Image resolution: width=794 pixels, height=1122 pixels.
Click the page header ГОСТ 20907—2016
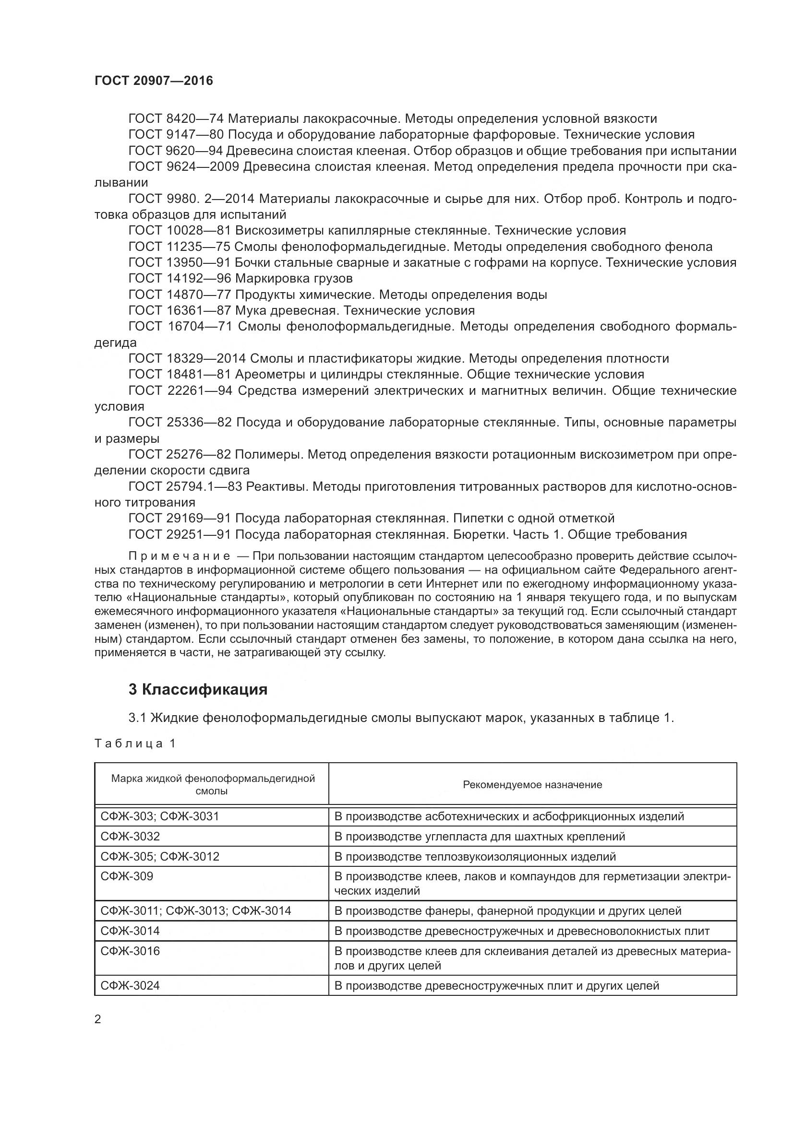coord(154,81)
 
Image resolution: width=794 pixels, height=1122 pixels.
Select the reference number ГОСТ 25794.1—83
coord(185,487)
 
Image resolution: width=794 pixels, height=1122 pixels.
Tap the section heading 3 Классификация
coord(197,689)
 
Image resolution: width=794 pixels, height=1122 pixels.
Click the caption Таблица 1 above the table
coord(135,743)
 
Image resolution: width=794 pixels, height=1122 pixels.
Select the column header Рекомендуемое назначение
coord(532,784)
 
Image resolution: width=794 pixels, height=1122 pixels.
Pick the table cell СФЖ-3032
coord(130,836)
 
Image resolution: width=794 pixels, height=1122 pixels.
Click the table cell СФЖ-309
coord(127,876)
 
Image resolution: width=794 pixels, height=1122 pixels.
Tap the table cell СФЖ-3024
coord(130,986)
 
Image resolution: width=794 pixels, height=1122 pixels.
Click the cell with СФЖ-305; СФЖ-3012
coord(160,856)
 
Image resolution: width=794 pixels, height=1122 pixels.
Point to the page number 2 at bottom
coord(98,1019)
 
